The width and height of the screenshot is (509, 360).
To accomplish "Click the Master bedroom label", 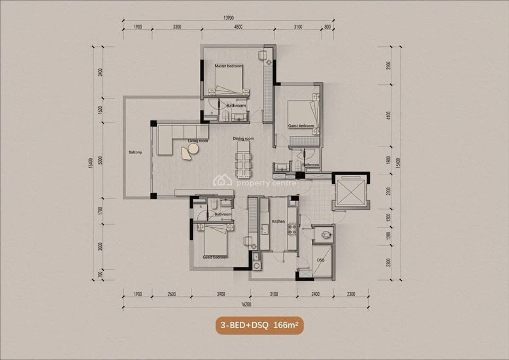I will (x=228, y=66).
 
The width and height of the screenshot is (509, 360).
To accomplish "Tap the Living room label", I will (x=198, y=141).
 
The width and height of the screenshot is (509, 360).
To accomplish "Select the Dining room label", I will (x=243, y=139).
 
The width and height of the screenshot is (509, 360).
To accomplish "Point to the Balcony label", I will (x=135, y=152).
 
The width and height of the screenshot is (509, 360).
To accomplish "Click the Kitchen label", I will (x=278, y=222).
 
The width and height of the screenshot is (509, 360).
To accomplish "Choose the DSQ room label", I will (x=321, y=260).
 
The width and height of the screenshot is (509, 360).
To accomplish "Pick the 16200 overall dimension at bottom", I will (x=245, y=304).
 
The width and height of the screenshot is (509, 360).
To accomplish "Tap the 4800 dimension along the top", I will (x=238, y=27).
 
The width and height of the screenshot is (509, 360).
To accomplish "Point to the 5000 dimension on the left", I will (x=101, y=160).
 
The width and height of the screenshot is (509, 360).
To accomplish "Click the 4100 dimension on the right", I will (x=389, y=116).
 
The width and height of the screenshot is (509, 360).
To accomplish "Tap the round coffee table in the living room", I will (x=193, y=148).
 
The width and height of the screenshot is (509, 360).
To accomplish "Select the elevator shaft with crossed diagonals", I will (x=350, y=191).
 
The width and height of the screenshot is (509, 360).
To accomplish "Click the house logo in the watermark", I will (x=222, y=180).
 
